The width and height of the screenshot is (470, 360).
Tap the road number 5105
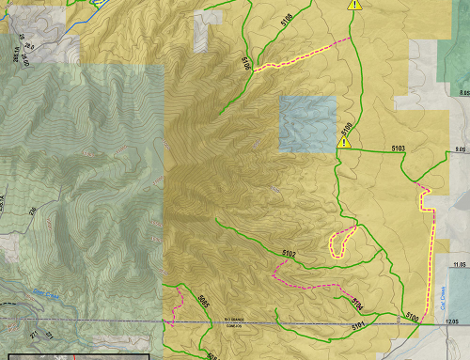(x=246, y=63)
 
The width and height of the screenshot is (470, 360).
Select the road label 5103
(x=398, y=149)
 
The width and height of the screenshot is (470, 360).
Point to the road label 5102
(x=289, y=254)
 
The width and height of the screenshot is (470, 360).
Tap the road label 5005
(x=204, y=301)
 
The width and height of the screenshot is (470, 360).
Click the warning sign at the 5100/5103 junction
(x=344, y=142)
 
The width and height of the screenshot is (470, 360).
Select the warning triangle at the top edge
(x=354, y=6)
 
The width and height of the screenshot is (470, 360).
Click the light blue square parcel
(x=307, y=123)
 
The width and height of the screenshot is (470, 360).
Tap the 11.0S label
(x=459, y=266)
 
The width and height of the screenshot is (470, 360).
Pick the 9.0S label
(x=459, y=149)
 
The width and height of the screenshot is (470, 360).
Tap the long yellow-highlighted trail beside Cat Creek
(x=431, y=254)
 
